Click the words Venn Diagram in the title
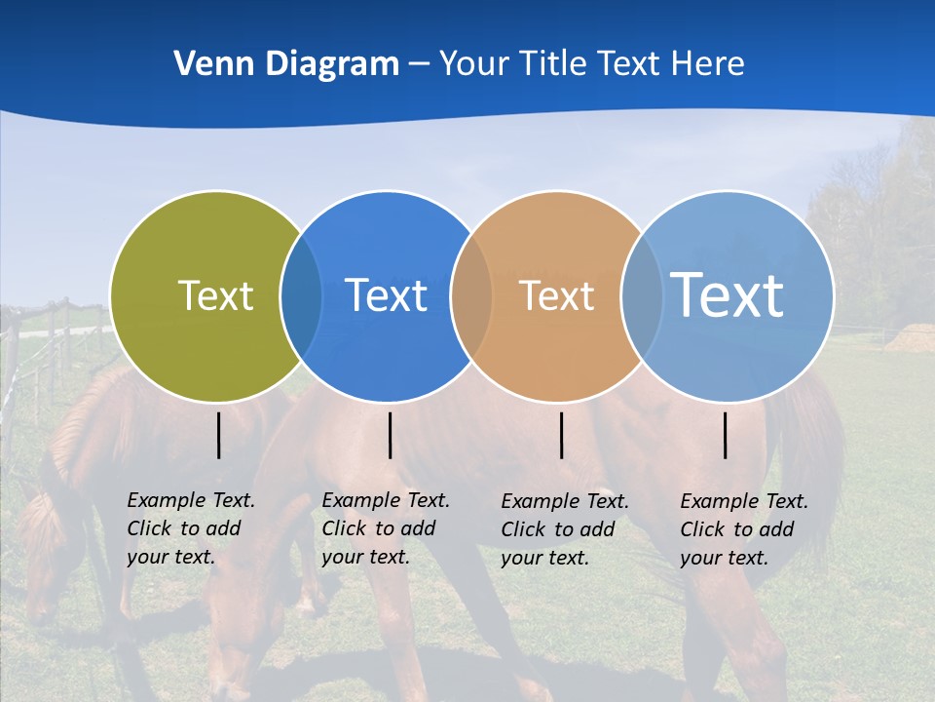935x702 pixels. [286, 64]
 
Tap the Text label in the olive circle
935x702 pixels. [215, 295]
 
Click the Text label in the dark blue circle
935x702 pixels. [386, 295]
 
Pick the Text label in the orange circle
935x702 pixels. [556, 295]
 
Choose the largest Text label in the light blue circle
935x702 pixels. [727, 294]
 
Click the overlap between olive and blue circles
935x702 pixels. [301, 295]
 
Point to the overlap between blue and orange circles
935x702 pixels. [471, 295]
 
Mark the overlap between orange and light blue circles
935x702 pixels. [641, 295]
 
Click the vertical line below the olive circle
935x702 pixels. [219, 435]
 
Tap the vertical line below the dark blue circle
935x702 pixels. [390, 435]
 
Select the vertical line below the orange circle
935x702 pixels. [561, 435]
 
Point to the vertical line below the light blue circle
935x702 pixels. [726, 435]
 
